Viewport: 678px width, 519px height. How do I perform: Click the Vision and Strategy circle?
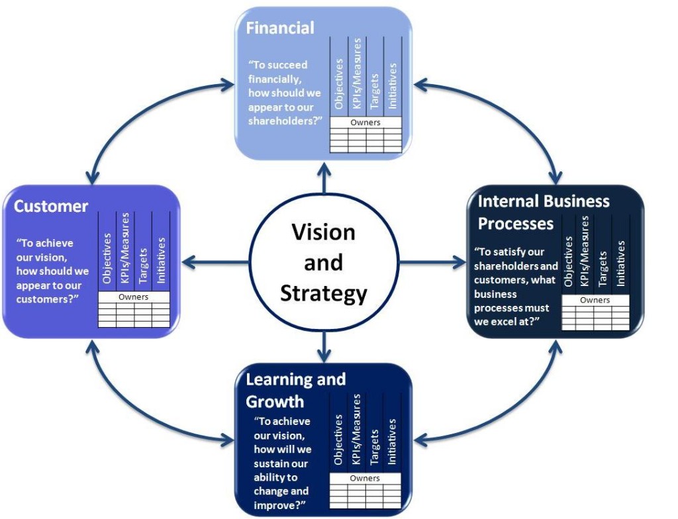click(324, 262)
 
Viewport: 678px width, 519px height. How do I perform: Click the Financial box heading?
click(280, 28)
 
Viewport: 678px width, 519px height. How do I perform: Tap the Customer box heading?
click(51, 206)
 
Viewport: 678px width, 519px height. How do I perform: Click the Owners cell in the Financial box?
click(365, 122)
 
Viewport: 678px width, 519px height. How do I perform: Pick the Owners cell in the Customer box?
click(134, 297)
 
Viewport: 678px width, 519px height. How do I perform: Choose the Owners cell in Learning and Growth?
click(365, 478)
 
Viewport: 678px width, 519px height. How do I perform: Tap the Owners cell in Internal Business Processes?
click(595, 301)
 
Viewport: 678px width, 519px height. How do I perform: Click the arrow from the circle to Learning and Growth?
click(324, 346)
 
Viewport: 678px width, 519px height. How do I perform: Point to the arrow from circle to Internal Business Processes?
click(433, 263)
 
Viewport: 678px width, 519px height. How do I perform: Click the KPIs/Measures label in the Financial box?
click(357, 73)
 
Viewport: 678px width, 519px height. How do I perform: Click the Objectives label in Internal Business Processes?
click(568, 262)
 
